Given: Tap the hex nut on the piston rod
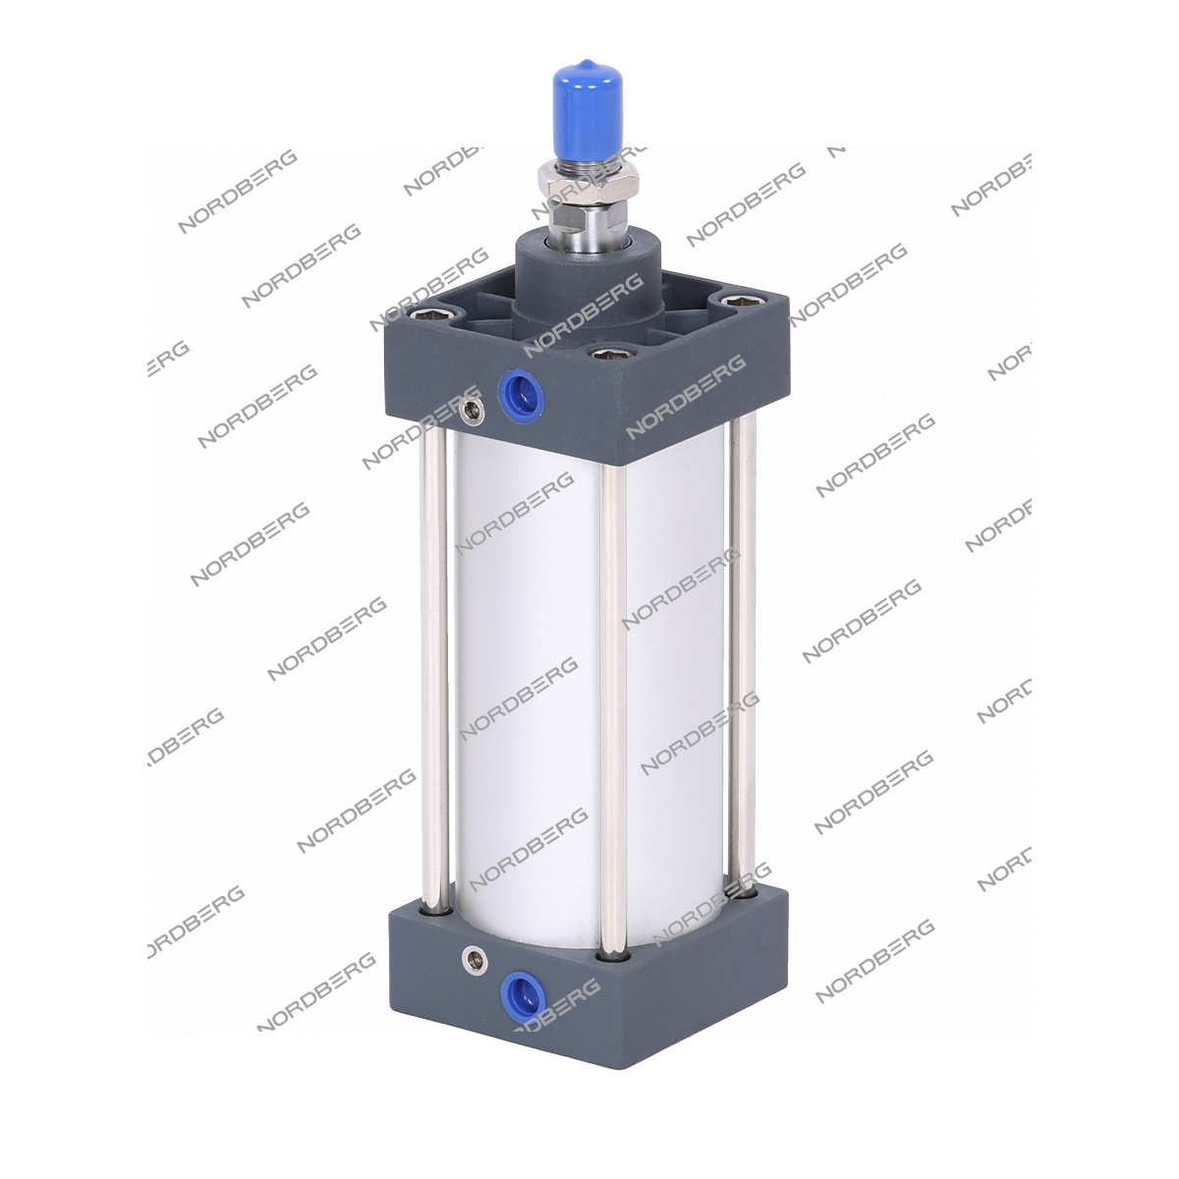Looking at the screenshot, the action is (588, 184).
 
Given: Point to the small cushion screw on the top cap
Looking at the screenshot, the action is (473, 411).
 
